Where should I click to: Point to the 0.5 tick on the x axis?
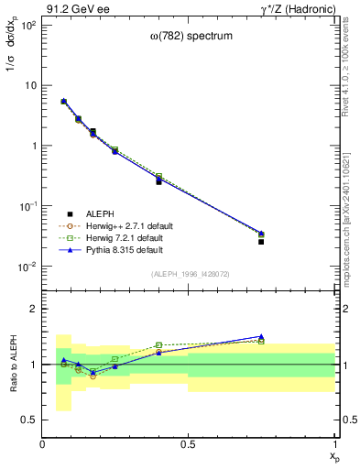tap(189, 444)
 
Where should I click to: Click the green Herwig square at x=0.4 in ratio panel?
tap(158, 345)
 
